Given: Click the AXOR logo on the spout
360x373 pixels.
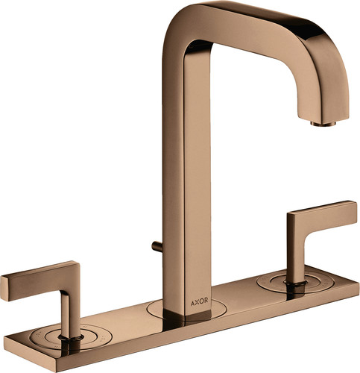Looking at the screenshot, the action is click(199, 301).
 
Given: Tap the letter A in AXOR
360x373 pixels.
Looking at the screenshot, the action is click(192, 301).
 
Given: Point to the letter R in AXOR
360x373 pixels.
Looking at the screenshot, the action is click(206, 301).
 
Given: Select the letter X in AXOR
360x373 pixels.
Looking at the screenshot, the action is click(197, 301).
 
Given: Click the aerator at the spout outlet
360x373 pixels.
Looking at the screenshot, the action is click(323, 123).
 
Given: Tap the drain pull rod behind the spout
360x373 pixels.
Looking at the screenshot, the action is click(157, 246).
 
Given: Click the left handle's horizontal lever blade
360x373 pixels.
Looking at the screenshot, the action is click(40, 280).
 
